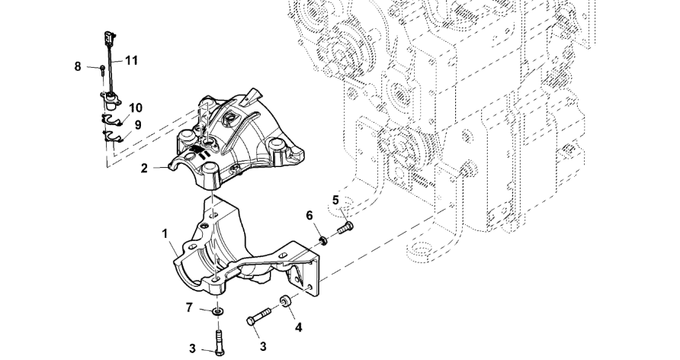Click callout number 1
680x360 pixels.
click(x=165, y=234)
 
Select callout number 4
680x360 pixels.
click(x=298, y=327)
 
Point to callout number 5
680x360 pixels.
click(x=335, y=201)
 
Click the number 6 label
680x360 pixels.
click(x=310, y=216)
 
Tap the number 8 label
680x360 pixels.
click(x=78, y=66)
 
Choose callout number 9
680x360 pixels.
click(x=138, y=125)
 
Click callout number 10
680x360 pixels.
click(x=136, y=108)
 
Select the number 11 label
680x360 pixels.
click(x=131, y=59)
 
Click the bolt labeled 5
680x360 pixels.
click(x=345, y=227)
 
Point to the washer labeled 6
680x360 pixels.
click(x=325, y=241)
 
